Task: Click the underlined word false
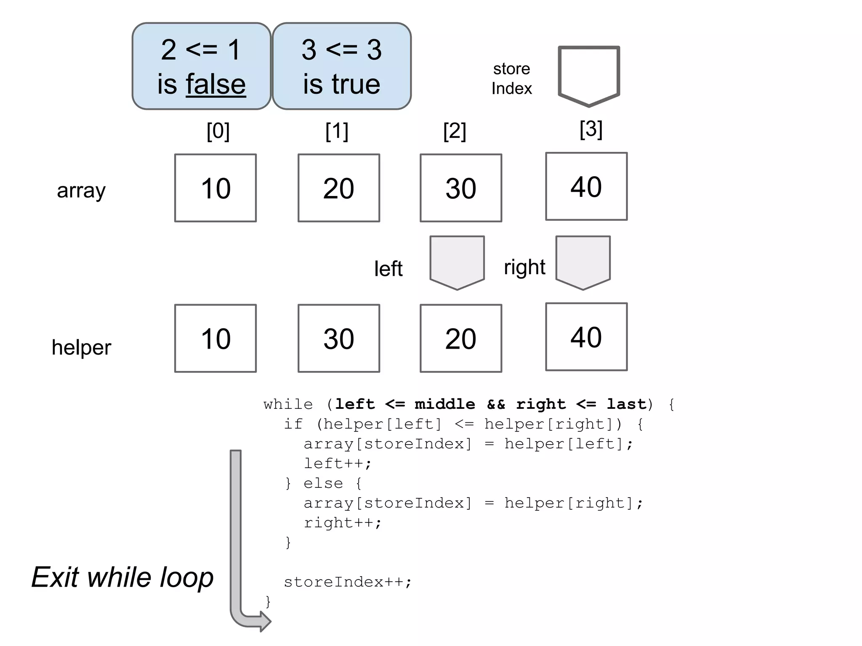click(215, 85)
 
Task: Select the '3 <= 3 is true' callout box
click(341, 66)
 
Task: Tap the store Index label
click(511, 79)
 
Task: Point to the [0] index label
click(218, 131)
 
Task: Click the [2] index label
click(455, 131)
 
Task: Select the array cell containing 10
click(215, 188)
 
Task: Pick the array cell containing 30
click(461, 188)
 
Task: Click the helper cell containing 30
click(339, 339)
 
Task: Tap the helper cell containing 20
click(461, 339)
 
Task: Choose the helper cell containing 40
click(586, 337)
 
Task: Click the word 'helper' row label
click(81, 348)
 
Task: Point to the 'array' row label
click(81, 191)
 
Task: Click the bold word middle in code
click(444, 404)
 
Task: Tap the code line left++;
click(338, 463)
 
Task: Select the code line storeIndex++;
click(348, 582)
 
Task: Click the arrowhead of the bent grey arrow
click(265, 621)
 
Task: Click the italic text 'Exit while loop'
click(122, 577)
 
